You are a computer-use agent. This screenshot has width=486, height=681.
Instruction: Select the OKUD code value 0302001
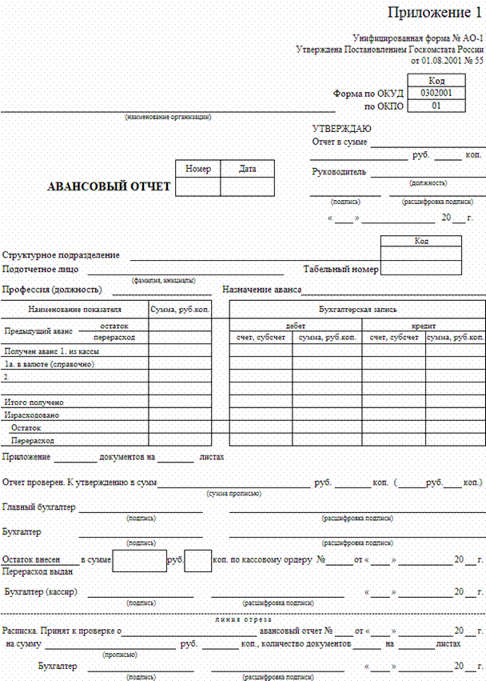point(436,93)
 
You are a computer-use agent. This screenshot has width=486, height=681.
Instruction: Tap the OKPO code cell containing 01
point(436,105)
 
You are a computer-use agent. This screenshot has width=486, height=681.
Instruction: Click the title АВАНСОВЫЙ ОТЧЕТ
point(110,187)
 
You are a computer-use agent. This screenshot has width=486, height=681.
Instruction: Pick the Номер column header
point(197,169)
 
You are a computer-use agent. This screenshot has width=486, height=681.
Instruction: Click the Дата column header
point(248,169)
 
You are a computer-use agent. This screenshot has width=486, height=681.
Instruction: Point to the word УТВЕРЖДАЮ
point(341,129)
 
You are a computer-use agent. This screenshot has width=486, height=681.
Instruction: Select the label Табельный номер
point(341,270)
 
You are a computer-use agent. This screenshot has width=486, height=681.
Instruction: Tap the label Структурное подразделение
point(62,255)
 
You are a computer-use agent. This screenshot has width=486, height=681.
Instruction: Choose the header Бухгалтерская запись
point(357,309)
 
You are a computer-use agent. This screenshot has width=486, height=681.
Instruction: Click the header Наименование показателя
point(75,309)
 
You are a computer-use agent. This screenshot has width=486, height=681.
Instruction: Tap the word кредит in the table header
point(423,326)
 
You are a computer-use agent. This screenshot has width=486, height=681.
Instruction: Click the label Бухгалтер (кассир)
point(43,592)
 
